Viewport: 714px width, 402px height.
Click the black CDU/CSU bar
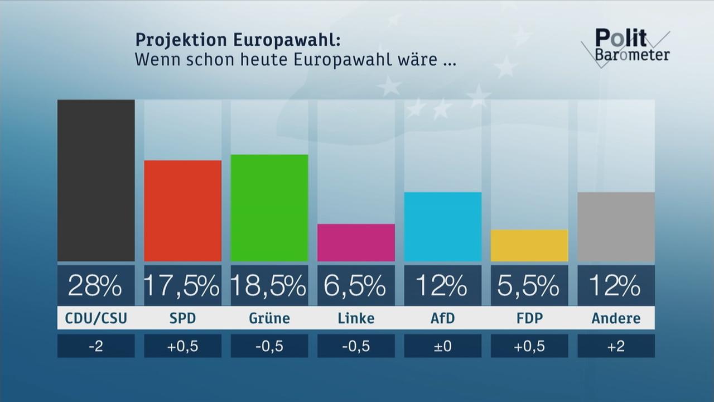[x=96, y=180]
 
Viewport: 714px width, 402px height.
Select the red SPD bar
[x=182, y=210]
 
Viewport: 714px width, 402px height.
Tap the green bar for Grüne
[x=269, y=208]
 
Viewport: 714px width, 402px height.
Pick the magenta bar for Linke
[x=356, y=242]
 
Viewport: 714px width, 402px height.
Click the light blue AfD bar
[x=442, y=227]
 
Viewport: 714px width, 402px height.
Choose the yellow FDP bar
[x=529, y=245]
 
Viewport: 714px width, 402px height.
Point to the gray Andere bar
[x=616, y=227]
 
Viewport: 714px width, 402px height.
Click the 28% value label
[x=96, y=286]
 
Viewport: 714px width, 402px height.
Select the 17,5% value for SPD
[x=182, y=286]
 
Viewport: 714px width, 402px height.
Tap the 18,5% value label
[x=269, y=286]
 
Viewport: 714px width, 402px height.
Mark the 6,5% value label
[x=356, y=286]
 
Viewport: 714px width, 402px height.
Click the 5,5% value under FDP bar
[x=529, y=286]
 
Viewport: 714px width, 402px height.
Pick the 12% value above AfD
[x=442, y=286]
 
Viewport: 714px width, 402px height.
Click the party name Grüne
[x=269, y=318]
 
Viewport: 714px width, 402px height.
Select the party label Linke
[x=356, y=318]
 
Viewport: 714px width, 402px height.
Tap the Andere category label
[x=616, y=318]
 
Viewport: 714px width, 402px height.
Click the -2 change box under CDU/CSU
[x=96, y=346]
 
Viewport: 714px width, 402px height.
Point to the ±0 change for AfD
[x=442, y=346]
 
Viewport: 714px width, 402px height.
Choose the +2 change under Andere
[x=616, y=346]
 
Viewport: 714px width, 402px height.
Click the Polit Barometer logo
[x=626, y=46]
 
